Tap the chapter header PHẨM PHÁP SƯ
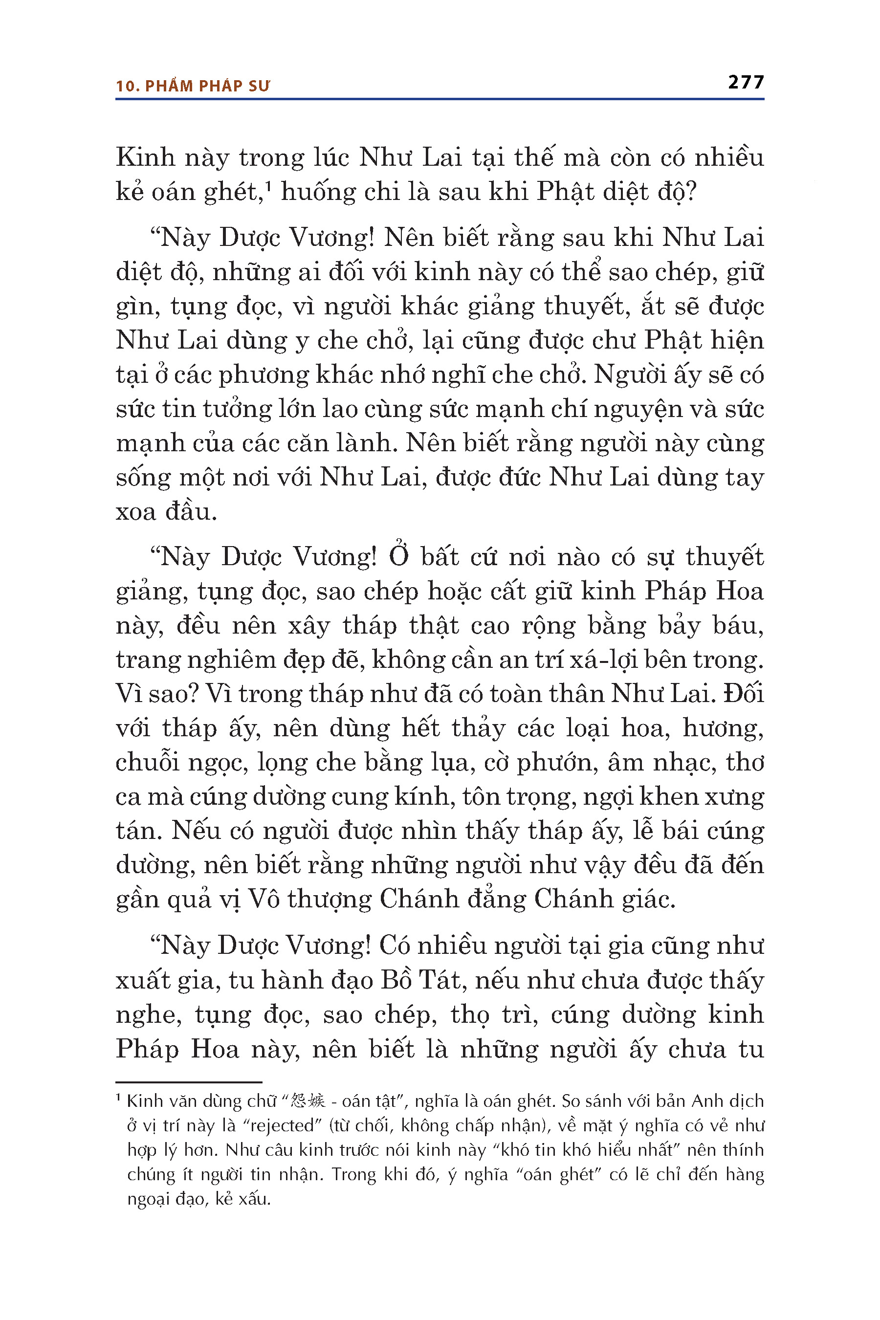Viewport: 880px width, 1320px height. coord(207,87)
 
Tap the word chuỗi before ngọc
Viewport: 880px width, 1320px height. coord(147,763)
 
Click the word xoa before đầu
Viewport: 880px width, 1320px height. coord(135,512)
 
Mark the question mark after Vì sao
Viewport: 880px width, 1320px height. coord(193,694)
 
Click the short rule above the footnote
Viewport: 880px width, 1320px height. coord(189,1081)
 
